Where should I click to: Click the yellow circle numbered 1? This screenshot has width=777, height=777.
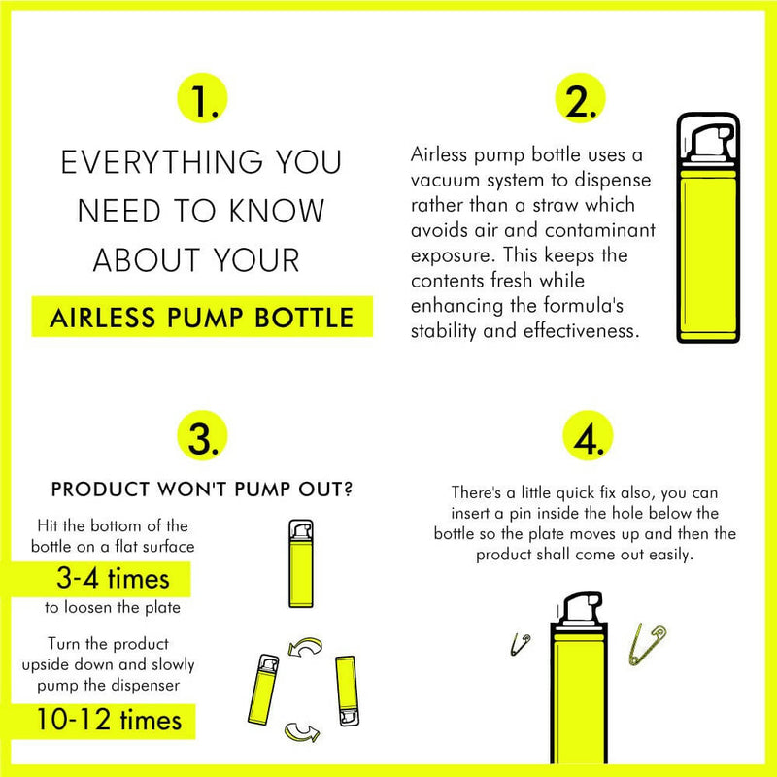point(202,98)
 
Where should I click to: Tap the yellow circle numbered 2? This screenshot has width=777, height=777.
point(580,98)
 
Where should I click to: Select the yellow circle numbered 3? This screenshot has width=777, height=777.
point(202,435)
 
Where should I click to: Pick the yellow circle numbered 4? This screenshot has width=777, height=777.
point(588,435)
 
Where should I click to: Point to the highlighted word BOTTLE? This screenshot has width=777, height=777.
point(304,318)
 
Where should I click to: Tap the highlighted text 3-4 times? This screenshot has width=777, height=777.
point(113,578)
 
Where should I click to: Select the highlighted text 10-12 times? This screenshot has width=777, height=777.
point(109,720)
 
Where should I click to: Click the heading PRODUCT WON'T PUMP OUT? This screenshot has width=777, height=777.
point(202,490)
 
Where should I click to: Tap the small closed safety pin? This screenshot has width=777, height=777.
point(521,643)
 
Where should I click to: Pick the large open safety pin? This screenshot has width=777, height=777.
point(646,644)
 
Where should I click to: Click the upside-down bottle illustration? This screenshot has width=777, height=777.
point(347,691)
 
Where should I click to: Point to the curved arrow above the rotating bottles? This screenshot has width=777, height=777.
point(305,646)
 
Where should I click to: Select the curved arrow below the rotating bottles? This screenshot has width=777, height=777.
point(302,732)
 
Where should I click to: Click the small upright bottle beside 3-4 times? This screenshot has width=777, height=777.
point(301,563)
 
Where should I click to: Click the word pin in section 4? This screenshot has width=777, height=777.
point(521,514)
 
